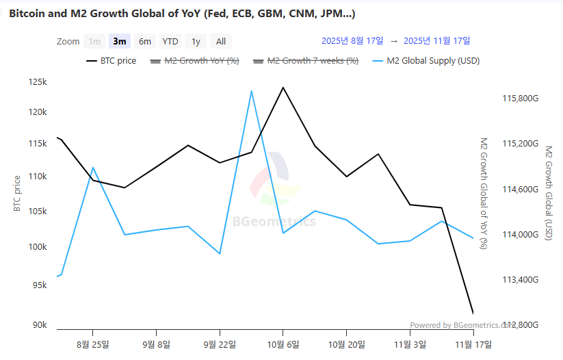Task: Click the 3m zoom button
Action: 120,41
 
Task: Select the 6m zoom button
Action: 144,41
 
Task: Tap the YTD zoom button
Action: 170,41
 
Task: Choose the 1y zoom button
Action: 196,41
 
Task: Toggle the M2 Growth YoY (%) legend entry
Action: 194,61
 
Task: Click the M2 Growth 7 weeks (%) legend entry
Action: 306,61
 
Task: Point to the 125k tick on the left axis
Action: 37,82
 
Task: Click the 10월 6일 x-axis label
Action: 282,344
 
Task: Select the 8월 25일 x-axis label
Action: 94,344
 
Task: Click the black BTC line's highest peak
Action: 283,88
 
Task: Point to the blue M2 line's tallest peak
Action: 251,91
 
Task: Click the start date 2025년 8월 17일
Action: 352,41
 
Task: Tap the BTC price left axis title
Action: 18,193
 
